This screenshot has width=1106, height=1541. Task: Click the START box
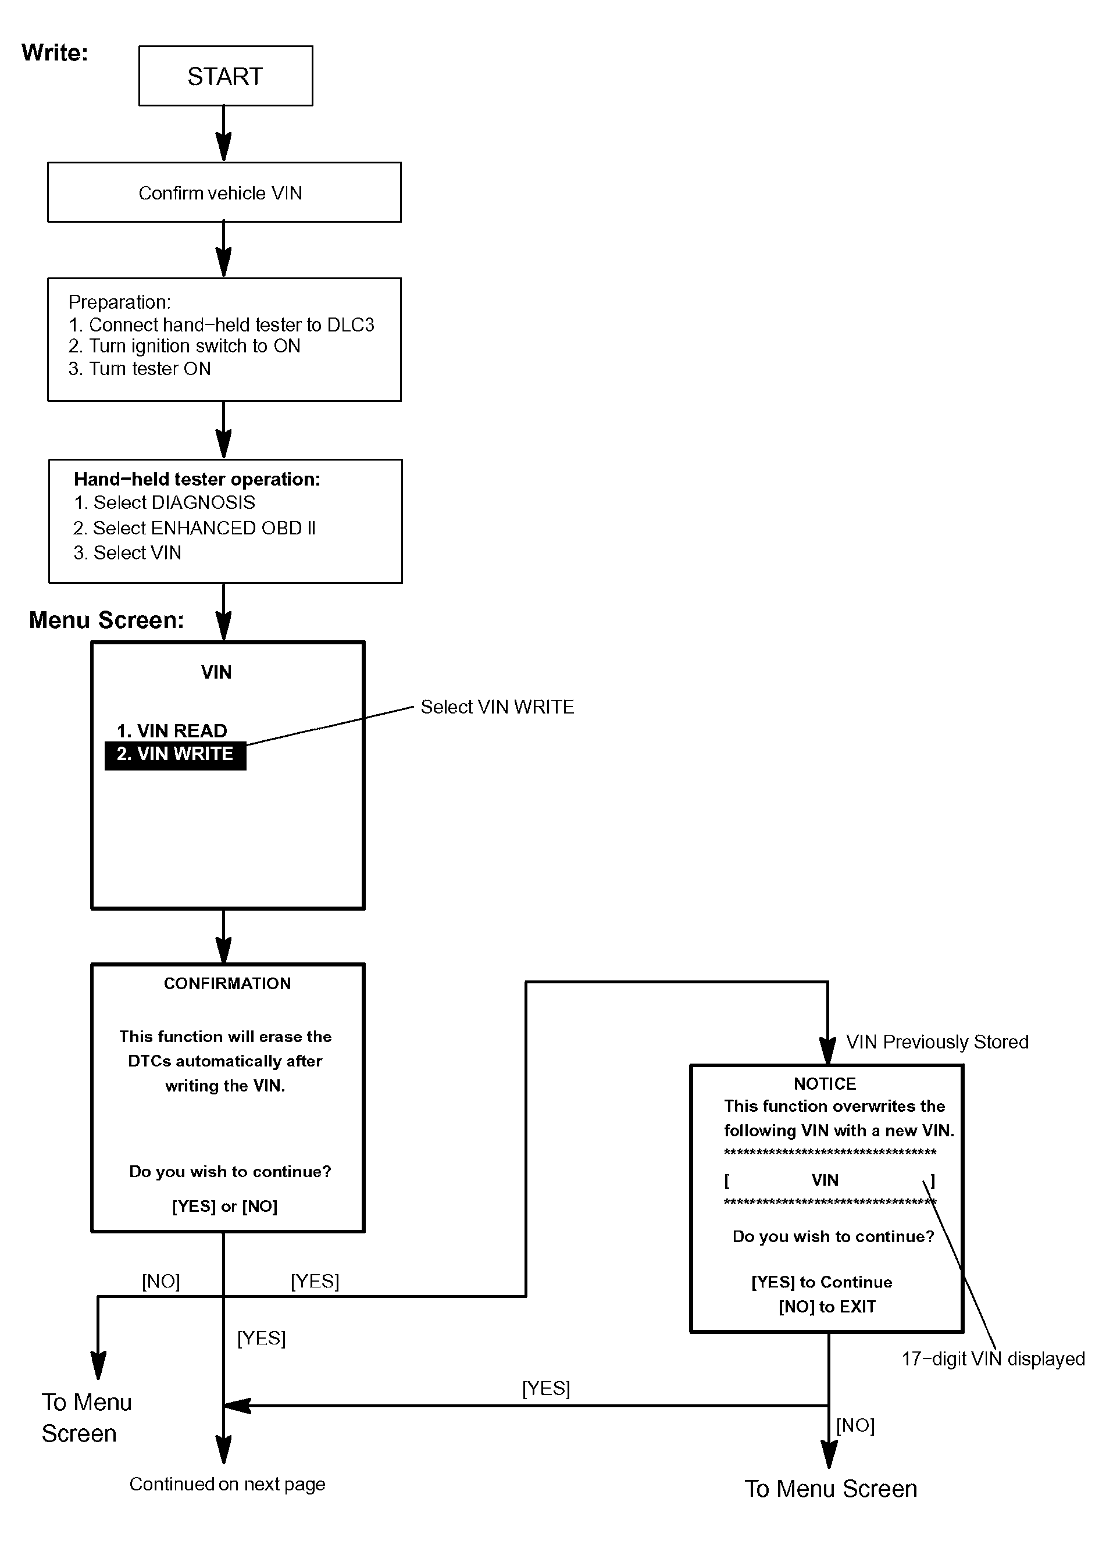point(226,76)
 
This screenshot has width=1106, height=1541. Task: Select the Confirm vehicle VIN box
point(224,192)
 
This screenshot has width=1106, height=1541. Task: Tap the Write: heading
point(55,53)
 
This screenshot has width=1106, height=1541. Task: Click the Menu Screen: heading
point(106,620)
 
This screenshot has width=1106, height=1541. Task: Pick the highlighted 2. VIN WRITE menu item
point(175,755)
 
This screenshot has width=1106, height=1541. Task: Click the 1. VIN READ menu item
point(172,730)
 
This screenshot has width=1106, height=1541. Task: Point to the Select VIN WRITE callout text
point(497,707)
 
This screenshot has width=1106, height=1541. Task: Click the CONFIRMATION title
point(227,983)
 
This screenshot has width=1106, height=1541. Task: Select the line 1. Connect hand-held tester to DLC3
point(222,325)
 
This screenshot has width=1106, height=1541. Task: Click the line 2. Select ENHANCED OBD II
point(194,528)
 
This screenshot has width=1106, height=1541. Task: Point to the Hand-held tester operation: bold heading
point(197,479)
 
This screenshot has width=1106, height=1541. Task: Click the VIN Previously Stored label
point(937,1041)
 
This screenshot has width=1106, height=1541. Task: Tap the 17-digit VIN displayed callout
point(993,1359)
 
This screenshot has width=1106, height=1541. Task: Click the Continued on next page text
point(227,1484)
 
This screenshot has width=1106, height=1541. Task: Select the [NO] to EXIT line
point(827,1307)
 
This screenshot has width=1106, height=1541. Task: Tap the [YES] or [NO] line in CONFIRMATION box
point(225,1206)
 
